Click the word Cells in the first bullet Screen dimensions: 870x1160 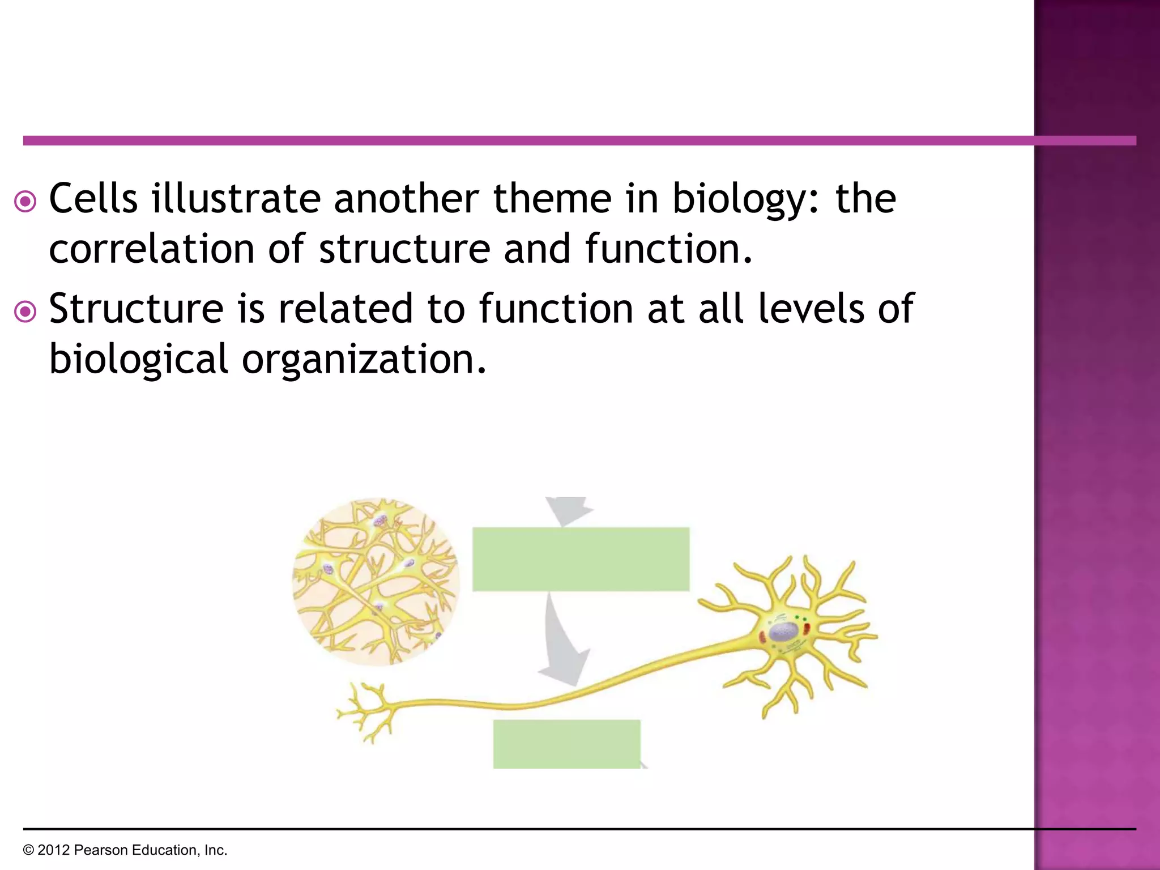93,199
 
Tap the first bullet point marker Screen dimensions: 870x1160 25,201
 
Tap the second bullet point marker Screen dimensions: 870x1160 25,312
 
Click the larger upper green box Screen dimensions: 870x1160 581,559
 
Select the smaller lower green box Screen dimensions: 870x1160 566,744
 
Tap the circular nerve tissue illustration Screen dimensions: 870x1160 376,582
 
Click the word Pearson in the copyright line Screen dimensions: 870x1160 97,850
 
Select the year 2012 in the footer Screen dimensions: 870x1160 54,850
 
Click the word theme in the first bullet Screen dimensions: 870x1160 552,199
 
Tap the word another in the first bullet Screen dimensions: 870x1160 406,199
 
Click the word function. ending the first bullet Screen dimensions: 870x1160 668,249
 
